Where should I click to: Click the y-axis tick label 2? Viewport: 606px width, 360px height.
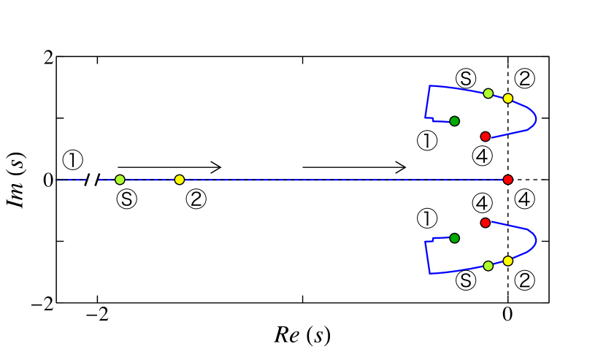point(45,56)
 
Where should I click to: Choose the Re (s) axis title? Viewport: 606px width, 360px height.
point(302,335)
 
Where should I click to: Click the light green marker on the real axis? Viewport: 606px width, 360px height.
point(120,180)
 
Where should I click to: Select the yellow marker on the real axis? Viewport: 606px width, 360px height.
point(180,180)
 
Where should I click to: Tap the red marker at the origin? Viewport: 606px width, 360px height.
point(508,180)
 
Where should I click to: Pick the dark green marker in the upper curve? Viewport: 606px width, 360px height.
point(454,120)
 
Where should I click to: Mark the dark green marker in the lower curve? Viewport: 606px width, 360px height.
point(454,238)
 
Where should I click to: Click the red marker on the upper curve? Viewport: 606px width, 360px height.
point(485,137)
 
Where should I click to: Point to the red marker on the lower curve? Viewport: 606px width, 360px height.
point(485,222)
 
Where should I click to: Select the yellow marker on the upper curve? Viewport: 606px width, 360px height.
point(508,98)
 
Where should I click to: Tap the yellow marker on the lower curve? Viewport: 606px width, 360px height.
point(508,261)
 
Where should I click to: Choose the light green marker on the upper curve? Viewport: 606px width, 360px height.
point(488,93)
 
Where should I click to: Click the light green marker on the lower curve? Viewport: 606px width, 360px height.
point(488,266)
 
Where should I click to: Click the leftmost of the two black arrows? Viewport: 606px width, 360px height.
point(169,167)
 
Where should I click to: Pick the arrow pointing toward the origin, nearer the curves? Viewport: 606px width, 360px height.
point(354,167)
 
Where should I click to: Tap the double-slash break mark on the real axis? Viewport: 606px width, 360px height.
point(92,180)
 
